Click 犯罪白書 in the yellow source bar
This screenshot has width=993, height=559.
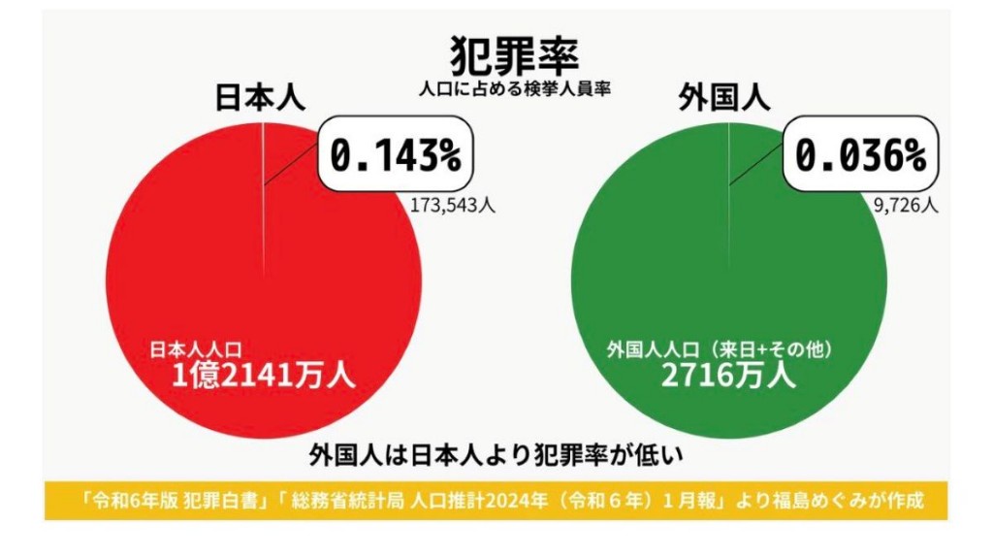click(216, 501)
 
